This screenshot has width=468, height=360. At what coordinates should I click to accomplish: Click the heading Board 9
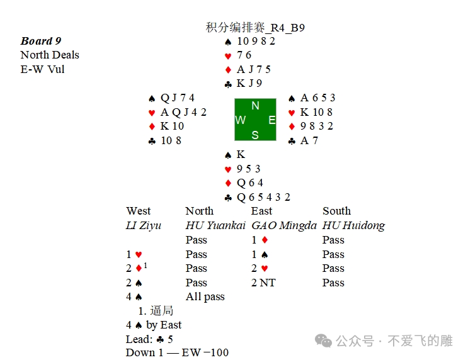[41, 41]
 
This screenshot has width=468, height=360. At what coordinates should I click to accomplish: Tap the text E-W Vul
[42, 69]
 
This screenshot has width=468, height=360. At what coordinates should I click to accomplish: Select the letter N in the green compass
[255, 106]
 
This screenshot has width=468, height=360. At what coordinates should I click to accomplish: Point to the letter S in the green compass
[255, 135]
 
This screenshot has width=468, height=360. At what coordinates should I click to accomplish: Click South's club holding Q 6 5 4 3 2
[263, 197]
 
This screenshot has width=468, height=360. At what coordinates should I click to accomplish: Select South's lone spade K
[241, 155]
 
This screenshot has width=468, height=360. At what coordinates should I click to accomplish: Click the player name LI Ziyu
[144, 225]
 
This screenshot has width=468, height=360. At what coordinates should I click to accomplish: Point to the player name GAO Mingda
[284, 225]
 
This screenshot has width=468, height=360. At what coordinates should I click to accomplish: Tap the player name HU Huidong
[353, 225]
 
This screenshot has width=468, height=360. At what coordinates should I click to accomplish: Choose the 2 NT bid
[264, 283]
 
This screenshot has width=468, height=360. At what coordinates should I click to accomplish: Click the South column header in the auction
[336, 211]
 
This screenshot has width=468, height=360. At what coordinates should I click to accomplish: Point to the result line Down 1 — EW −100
[177, 352]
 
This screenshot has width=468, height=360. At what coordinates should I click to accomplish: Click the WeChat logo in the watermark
[324, 340]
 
